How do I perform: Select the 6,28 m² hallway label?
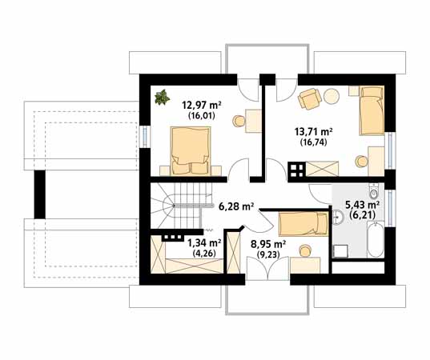point(236,206)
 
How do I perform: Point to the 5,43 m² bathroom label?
point(364,205)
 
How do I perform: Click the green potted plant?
point(163,97)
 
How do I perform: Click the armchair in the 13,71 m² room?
point(308,99)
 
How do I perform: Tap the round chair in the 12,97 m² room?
point(239,122)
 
